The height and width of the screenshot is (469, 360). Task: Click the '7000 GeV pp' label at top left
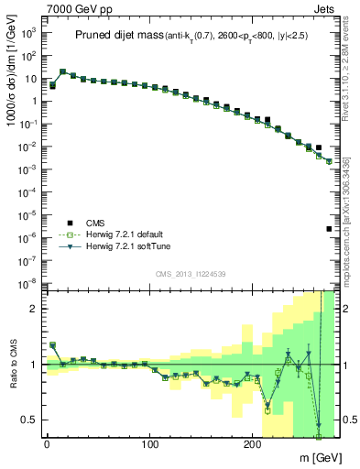pos(72,8)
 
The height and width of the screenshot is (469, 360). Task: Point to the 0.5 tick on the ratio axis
pos(30,420)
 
